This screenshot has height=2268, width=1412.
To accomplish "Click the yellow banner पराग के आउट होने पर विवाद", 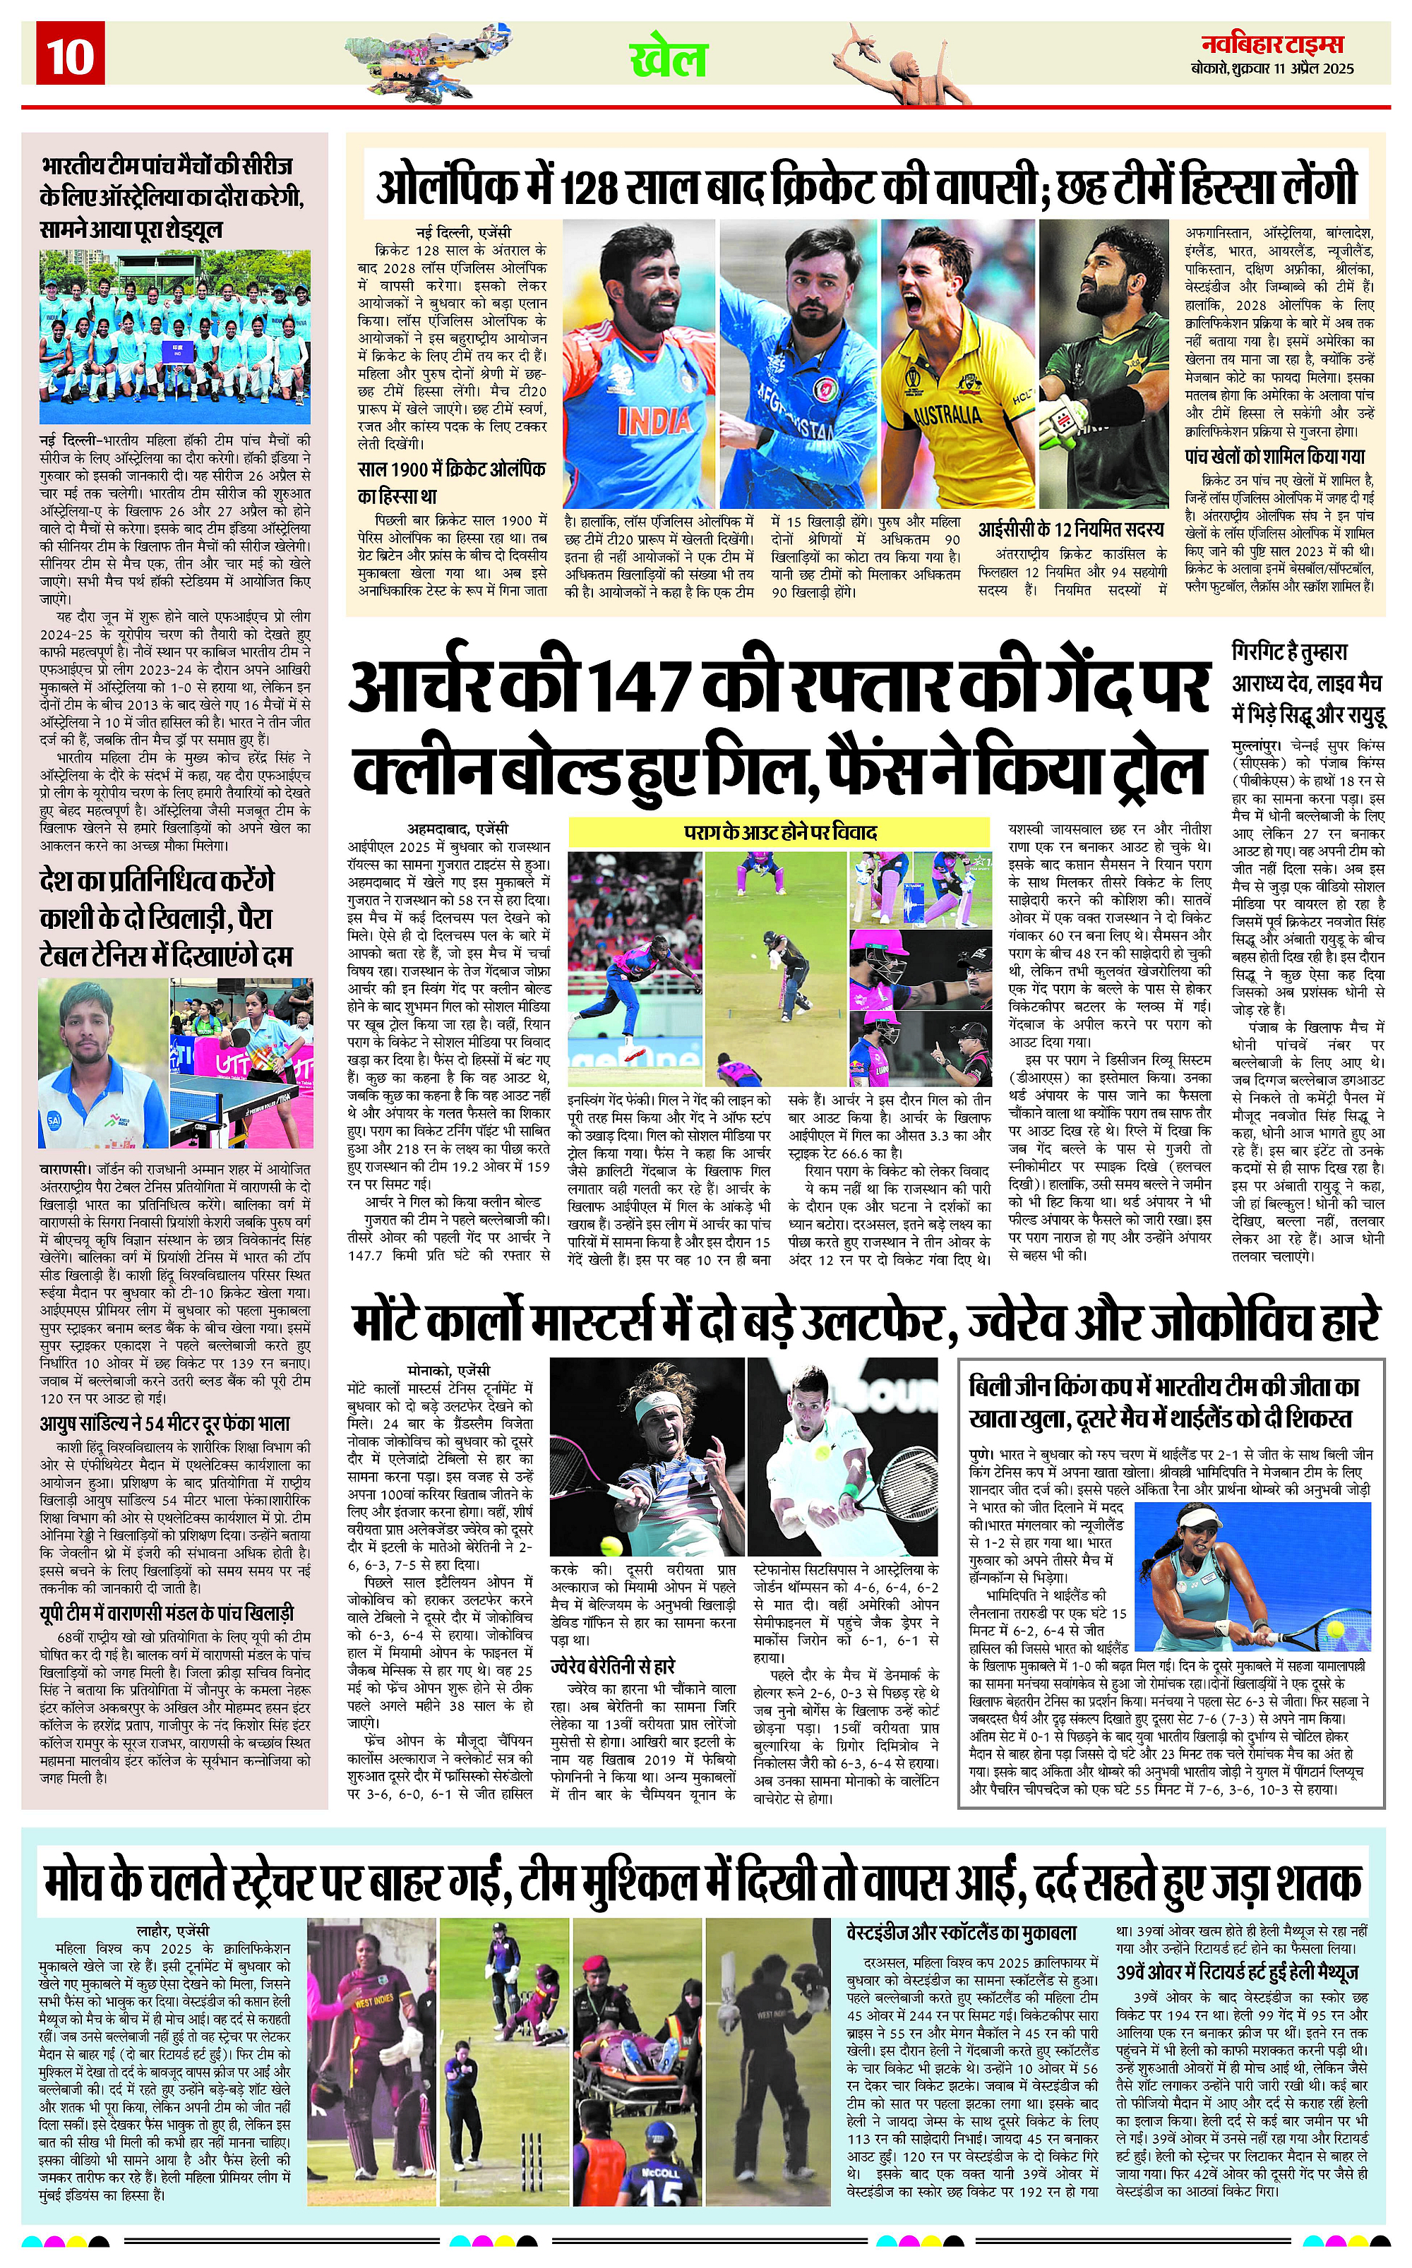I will pyautogui.click(x=779, y=831).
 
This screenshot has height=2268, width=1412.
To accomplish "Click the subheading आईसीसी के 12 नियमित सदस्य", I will pyautogui.click(x=1071, y=529).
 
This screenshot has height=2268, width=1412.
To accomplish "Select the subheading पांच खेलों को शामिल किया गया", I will pyautogui.click(x=1275, y=457).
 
